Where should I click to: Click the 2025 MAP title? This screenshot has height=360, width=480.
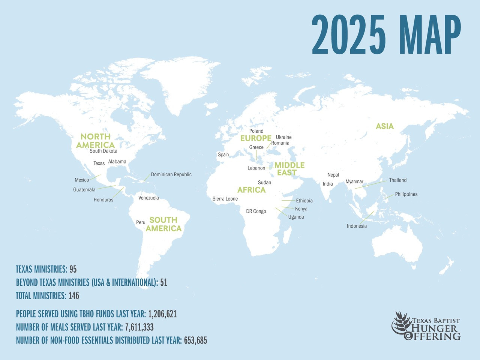point(386,35)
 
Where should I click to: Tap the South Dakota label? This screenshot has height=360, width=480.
point(103,151)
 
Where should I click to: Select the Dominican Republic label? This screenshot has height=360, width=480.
point(171,175)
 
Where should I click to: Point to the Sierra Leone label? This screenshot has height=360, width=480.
point(225,199)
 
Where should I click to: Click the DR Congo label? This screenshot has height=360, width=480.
point(256,211)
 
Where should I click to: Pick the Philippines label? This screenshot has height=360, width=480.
point(406,195)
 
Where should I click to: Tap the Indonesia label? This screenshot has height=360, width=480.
point(357,226)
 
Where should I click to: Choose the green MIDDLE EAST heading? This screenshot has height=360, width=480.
point(289,169)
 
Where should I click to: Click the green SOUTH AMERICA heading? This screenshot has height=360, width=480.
point(163,224)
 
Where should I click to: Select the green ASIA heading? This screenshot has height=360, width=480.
point(385,126)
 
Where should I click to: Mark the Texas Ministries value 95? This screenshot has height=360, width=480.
point(73,269)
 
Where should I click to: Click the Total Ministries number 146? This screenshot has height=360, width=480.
point(74,296)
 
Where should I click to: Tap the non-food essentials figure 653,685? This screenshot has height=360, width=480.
point(195,340)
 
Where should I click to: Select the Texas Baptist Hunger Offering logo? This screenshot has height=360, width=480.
point(426,326)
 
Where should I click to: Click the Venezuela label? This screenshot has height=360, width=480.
point(148,198)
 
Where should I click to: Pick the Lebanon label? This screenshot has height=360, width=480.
point(256,168)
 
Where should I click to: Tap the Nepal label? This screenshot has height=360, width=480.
point(333,175)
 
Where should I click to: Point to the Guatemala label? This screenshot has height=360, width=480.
point(84,190)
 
